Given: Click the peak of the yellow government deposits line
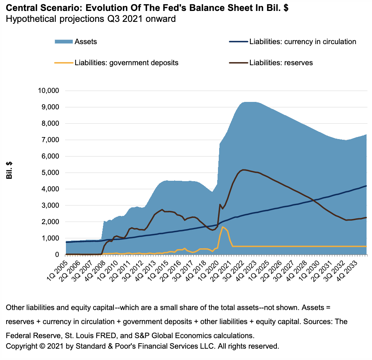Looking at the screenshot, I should point(223,227).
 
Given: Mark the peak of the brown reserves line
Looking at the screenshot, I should point(243,169).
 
